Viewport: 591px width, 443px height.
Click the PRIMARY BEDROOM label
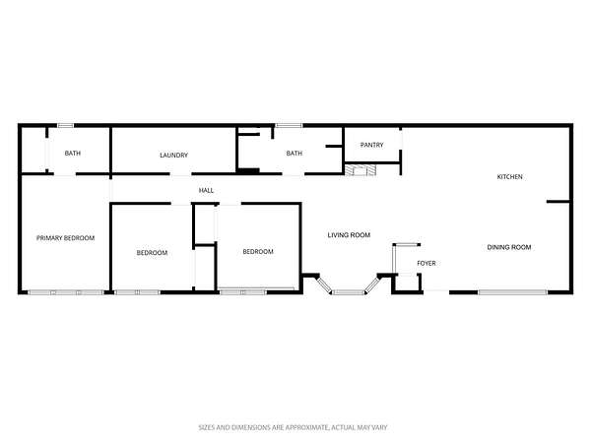coord(65,238)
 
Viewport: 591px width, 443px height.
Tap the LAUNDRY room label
coord(173,155)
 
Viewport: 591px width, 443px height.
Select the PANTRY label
coord(371,145)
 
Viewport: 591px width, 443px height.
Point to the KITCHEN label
coord(509,176)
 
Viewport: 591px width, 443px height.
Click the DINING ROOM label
coord(509,247)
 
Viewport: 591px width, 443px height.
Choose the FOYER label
coord(427,263)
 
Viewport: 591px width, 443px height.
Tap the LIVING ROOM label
coord(349,235)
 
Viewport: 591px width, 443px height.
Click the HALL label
coord(206,191)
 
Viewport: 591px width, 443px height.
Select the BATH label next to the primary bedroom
coord(72,153)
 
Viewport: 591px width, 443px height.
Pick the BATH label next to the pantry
coord(294,153)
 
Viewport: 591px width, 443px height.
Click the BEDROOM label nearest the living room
coord(258,251)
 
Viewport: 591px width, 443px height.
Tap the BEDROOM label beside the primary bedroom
coord(152,252)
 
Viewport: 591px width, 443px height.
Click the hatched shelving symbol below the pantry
coord(361,170)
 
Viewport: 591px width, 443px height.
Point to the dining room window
coord(512,292)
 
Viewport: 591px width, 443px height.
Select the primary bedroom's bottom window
coord(66,292)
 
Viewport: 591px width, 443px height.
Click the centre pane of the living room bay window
coord(349,292)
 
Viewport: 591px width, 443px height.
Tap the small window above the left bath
coord(66,125)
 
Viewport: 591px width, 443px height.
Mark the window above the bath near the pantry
coord(289,125)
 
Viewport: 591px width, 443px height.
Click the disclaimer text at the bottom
coord(293,427)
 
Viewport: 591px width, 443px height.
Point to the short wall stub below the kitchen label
coord(558,202)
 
